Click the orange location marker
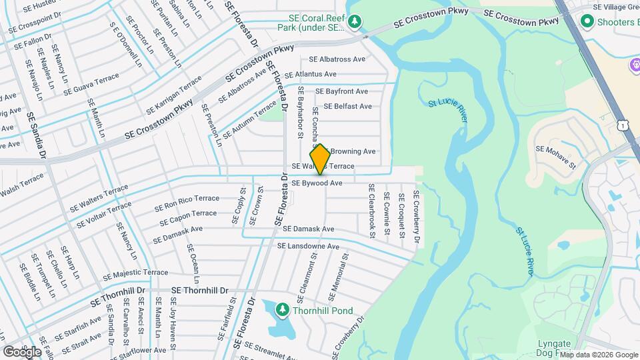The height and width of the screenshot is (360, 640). point(320,159)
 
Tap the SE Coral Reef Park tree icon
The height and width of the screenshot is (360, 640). point(356,21)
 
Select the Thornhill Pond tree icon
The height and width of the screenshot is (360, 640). point(283,310)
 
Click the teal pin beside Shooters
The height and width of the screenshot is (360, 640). point(587,21)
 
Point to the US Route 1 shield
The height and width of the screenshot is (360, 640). point(622,125)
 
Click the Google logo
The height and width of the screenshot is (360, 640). point(22,352)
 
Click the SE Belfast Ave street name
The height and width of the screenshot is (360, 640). point(347,107)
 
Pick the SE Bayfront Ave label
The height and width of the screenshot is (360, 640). point(341,91)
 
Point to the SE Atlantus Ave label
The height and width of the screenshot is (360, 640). point(311,75)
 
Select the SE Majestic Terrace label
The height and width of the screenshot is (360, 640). point(136,273)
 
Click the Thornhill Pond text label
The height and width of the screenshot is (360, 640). point(325,311)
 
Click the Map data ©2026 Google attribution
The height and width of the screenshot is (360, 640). point(598,355)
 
